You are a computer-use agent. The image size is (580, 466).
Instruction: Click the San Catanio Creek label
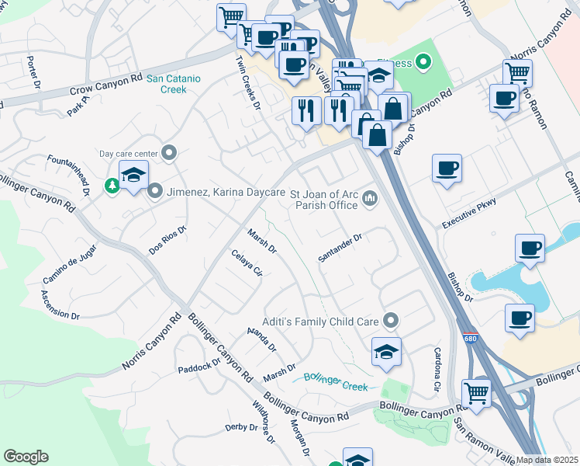click(x=174, y=84)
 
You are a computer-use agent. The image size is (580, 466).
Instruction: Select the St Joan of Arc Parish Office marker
click(x=371, y=200)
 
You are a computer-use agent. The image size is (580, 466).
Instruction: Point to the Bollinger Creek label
click(x=335, y=380)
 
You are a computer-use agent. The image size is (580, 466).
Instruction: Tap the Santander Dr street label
click(x=340, y=249)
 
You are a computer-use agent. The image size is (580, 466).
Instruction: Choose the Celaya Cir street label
click(x=247, y=263)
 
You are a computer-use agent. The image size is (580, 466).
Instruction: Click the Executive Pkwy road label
click(x=468, y=213)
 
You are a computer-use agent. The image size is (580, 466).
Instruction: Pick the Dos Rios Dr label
click(x=168, y=241)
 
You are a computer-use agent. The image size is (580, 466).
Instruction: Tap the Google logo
click(x=26, y=457)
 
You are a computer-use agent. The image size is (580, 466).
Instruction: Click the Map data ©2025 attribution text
click(x=547, y=460)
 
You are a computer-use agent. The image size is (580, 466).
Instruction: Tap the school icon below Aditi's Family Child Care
click(x=386, y=352)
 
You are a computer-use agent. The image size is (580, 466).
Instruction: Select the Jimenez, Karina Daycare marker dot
click(x=155, y=190)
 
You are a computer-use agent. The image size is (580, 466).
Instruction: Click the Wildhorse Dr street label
click(x=264, y=422)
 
